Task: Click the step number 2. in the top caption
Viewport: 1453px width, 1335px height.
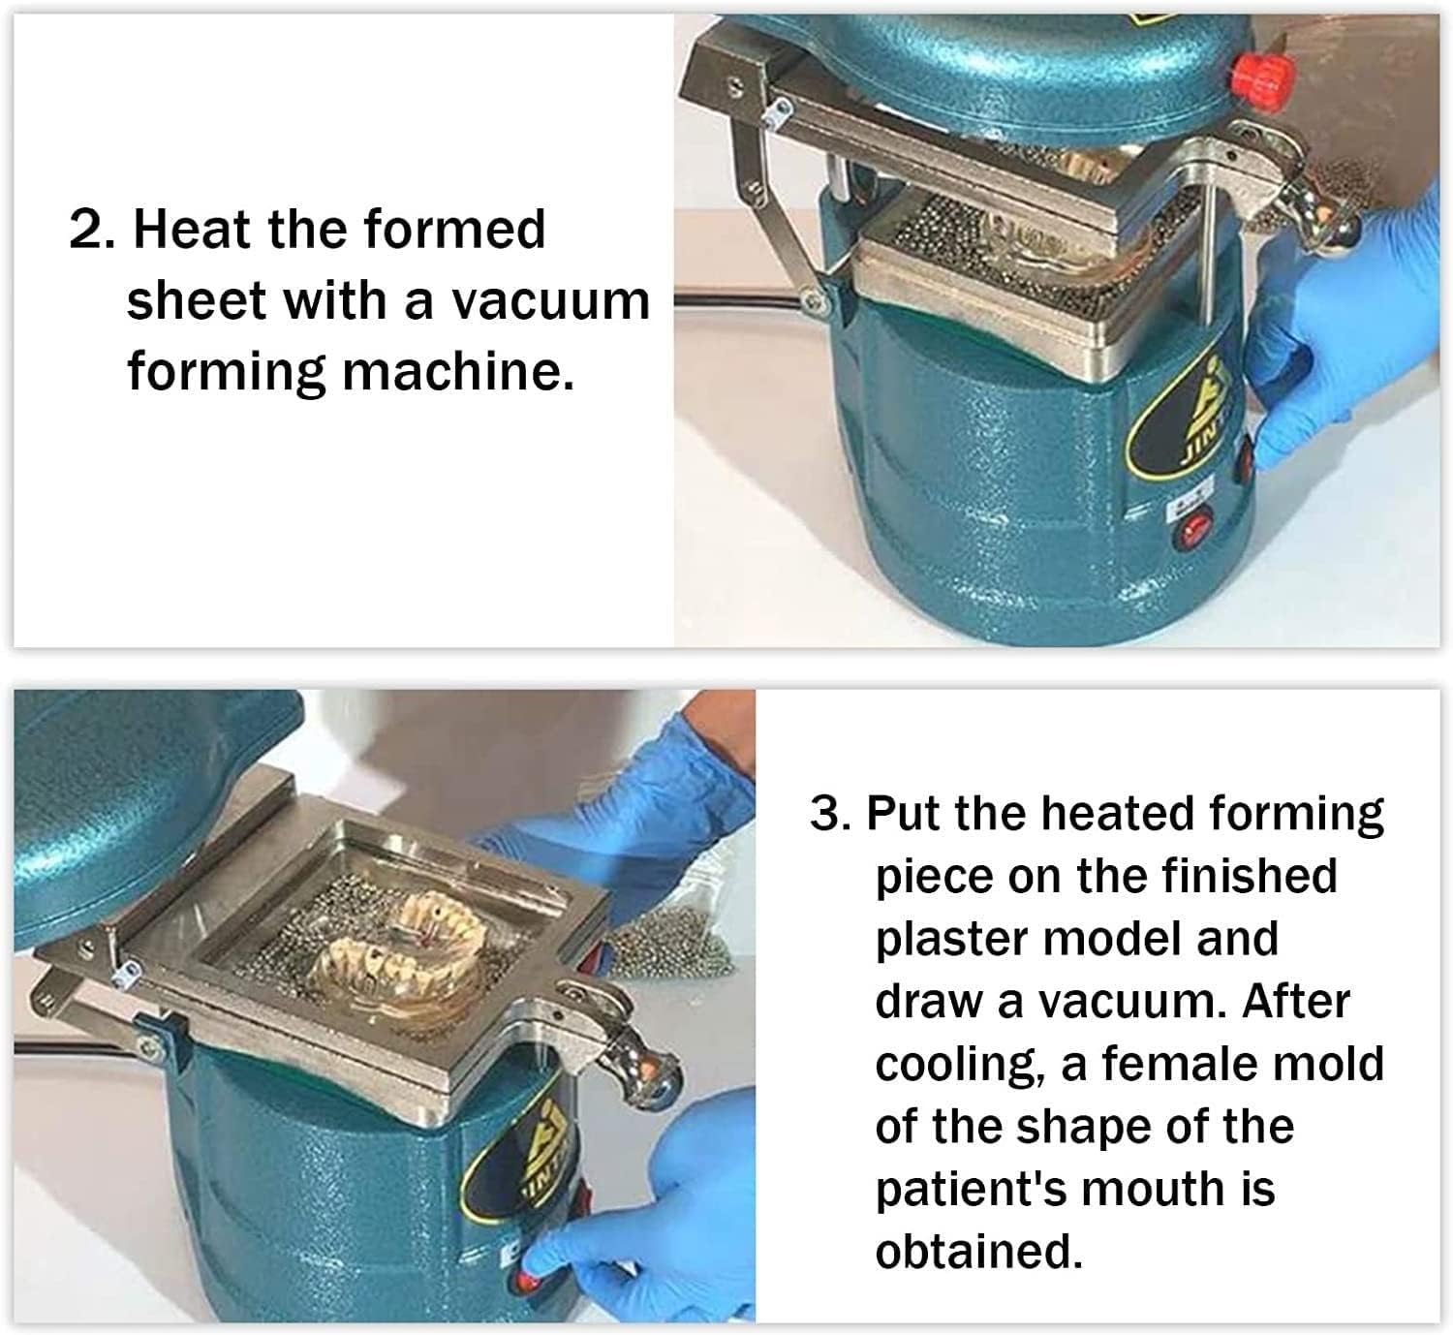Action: [94, 230]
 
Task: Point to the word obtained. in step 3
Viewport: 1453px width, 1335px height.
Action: [978, 1252]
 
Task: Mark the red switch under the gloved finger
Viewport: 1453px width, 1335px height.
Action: [528, 1279]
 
